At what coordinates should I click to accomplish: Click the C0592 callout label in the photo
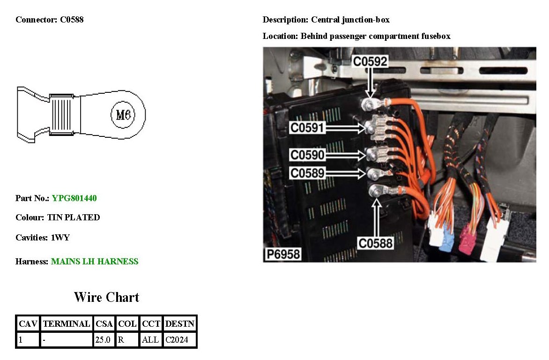coord(370,61)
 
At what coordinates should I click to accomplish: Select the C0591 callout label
coord(307,127)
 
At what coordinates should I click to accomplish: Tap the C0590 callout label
coord(307,155)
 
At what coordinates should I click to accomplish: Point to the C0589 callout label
coord(307,173)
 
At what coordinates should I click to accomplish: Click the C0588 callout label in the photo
coord(376,243)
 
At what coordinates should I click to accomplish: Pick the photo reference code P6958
coord(283,255)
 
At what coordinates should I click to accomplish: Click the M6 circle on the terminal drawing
coord(123,114)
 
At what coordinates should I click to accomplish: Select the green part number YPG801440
coord(74,198)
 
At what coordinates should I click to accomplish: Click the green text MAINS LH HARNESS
coord(95,262)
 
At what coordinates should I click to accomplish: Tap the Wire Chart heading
coord(106,297)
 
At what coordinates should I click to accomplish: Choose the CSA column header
coord(104,324)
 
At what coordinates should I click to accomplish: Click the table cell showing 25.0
coord(103,340)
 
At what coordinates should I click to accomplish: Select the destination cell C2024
coord(177,340)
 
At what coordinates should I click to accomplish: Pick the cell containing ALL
coord(150,340)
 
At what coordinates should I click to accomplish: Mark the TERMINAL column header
coord(66,324)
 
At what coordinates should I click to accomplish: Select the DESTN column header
coord(179,324)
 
